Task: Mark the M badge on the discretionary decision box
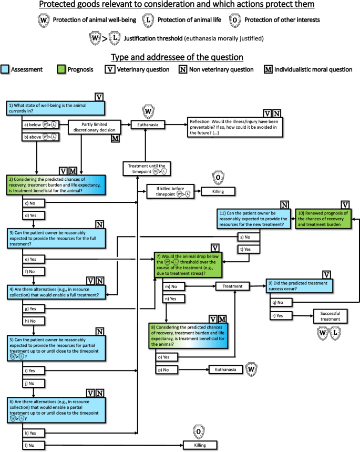pyautogui.click(x=115, y=138)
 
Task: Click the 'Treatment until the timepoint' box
pyautogui.click(x=147, y=168)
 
